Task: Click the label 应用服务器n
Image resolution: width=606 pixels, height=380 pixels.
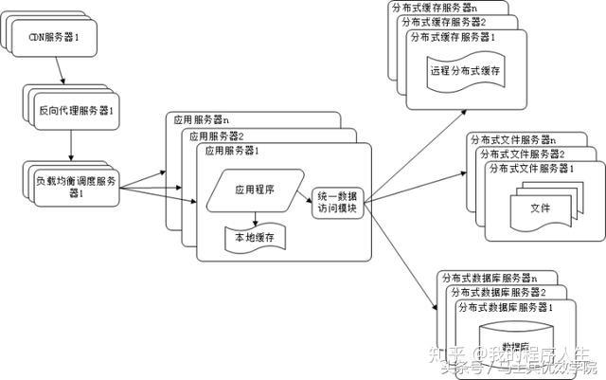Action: [204, 120]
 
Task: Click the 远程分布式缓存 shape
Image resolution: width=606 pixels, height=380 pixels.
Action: [464, 72]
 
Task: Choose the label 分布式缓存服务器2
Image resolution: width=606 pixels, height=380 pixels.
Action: [443, 21]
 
